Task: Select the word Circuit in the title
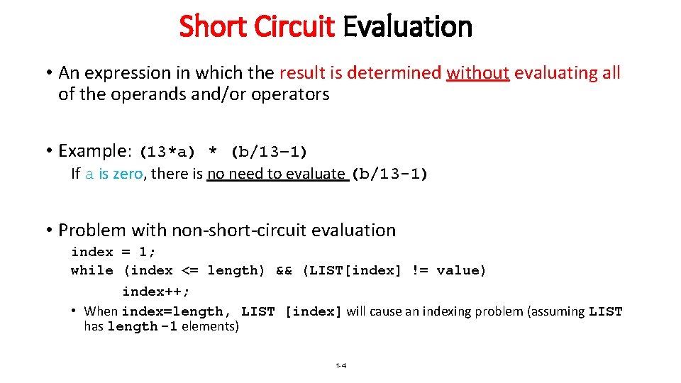[x=293, y=27]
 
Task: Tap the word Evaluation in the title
[x=407, y=27]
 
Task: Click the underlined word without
[x=478, y=72]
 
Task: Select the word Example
[x=92, y=150]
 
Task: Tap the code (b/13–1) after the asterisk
[x=270, y=152]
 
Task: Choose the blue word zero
[x=128, y=174]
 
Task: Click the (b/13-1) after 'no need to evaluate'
[x=390, y=174]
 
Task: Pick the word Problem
[x=91, y=230]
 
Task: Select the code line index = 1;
[x=113, y=252]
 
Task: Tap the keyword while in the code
[x=92, y=270]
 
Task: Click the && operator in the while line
[x=284, y=270]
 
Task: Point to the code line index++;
[x=156, y=292]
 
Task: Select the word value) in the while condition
[x=461, y=270]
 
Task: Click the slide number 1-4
[x=340, y=366]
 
